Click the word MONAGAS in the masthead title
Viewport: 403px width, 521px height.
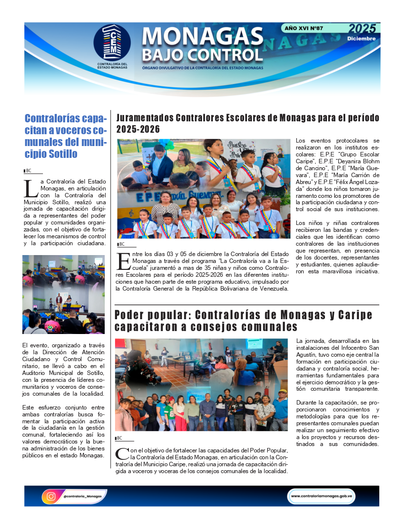[202, 36]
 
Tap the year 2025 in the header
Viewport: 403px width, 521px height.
[362, 29]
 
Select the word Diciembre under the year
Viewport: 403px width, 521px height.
[361, 38]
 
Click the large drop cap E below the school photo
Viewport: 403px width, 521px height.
[122, 261]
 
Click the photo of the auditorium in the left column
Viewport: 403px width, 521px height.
[63, 294]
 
